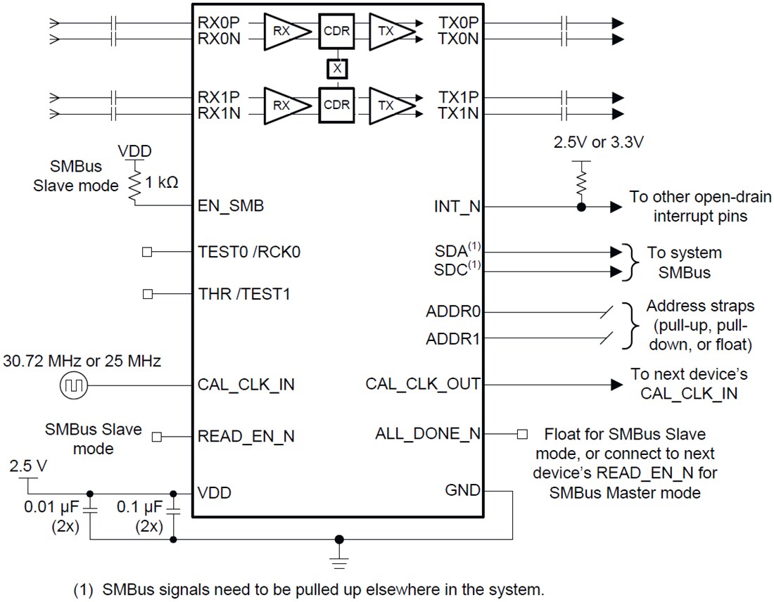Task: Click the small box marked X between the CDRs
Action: [x=337, y=68]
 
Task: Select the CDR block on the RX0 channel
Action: [x=337, y=31]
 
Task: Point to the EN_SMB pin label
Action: [x=231, y=207]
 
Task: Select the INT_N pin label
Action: [x=457, y=207]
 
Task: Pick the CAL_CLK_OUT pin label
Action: [x=423, y=384]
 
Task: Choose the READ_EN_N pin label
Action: [x=246, y=436]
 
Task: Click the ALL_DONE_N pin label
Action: [x=428, y=433]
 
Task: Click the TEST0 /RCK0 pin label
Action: [x=249, y=251]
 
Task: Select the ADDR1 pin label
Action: [x=453, y=339]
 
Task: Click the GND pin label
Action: [x=463, y=490]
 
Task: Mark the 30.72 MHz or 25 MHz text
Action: [x=82, y=361]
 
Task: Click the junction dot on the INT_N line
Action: [x=580, y=207]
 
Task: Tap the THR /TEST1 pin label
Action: [x=244, y=294]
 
